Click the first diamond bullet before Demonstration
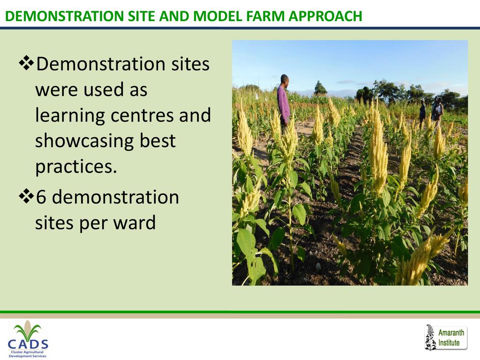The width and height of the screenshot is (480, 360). tap(26, 63)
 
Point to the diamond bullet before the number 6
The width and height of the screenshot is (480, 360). tap(26, 196)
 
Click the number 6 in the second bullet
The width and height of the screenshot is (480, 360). tap(41, 197)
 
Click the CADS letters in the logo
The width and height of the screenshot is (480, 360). tap(28, 345)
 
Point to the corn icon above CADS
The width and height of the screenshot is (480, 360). tap(28, 330)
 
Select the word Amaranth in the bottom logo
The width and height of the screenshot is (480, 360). tap(451, 332)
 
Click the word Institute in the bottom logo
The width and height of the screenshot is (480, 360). tap(449, 343)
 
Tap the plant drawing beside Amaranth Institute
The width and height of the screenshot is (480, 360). tap(430, 337)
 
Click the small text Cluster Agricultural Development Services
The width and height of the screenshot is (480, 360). tap(28, 354)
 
